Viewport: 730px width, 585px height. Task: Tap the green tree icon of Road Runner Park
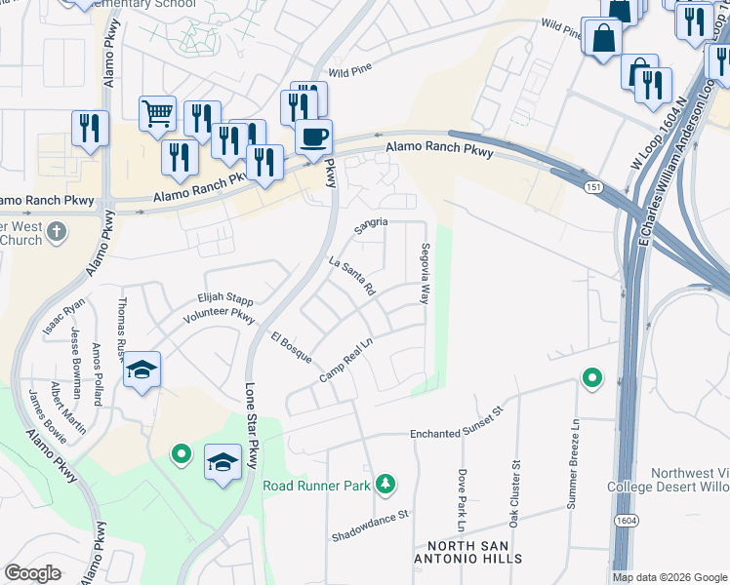coord(386,484)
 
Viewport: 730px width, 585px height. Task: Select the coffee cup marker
coord(313,137)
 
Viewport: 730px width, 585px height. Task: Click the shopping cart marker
coord(156,113)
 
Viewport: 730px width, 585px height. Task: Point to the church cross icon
coord(58,232)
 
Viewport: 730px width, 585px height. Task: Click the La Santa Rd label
coord(352,276)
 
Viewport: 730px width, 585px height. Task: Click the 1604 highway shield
coord(626,522)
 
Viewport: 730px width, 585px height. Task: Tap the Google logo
coord(32,573)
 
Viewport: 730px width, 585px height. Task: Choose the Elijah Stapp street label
coord(224,300)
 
